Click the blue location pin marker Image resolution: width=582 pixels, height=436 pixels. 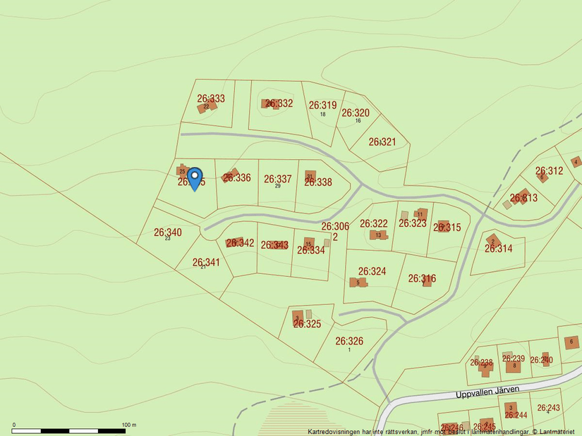click(x=195, y=177)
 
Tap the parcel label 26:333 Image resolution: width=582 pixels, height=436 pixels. click(x=211, y=99)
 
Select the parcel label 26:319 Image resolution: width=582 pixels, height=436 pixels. click(x=322, y=105)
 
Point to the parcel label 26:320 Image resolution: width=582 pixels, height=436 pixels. click(x=356, y=113)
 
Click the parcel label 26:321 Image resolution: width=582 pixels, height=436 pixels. click(x=382, y=142)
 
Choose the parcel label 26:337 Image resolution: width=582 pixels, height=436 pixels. click(x=278, y=179)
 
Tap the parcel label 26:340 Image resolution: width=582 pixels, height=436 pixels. click(x=168, y=232)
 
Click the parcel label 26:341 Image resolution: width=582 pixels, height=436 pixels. click(x=207, y=262)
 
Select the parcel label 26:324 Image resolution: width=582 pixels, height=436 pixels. click(x=372, y=271)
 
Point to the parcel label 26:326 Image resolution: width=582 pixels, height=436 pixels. click(x=349, y=341)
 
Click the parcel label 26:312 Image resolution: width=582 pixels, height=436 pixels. click(x=550, y=170)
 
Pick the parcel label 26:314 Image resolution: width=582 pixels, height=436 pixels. click(x=499, y=249)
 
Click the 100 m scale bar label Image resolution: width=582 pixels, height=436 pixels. click(x=128, y=425)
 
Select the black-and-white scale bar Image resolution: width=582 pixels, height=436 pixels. click(x=69, y=430)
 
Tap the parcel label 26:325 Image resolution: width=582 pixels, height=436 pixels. click(x=307, y=324)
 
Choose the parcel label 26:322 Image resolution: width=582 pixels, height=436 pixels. click(x=374, y=223)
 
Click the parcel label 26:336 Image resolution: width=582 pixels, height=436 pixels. click(x=237, y=177)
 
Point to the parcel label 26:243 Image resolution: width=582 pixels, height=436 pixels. click(x=548, y=408)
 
